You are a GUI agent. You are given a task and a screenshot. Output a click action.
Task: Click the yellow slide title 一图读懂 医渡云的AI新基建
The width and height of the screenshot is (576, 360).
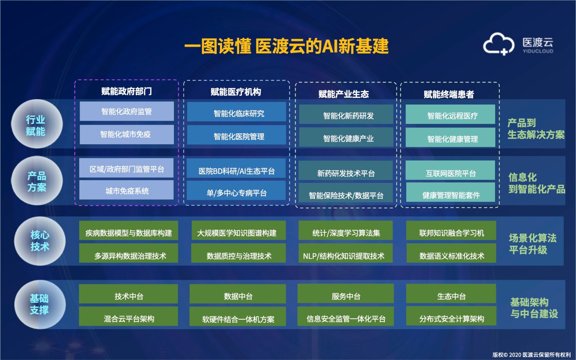tap(287, 46)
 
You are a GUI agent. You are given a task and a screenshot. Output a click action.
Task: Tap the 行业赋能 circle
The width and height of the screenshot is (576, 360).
tap(37, 124)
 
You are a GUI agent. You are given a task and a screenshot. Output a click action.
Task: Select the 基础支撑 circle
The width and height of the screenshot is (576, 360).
tap(40, 305)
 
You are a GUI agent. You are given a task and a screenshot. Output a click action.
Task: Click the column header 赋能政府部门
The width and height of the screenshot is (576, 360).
tap(126, 91)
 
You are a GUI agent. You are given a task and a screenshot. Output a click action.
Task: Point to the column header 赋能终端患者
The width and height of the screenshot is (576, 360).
tap(449, 94)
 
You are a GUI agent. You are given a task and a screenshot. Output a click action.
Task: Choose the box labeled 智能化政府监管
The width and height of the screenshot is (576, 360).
tap(127, 111)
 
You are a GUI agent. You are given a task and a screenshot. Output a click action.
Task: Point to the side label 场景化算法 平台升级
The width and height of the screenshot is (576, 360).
tap(532, 244)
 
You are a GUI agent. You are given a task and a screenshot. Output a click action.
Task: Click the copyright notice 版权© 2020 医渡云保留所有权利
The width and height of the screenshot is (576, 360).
tap(531, 355)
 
